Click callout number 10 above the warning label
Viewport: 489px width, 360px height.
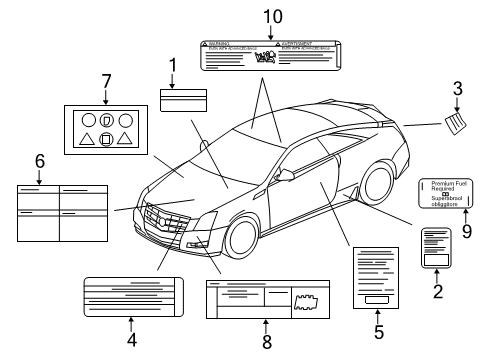(267, 16)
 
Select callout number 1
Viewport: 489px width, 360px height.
(173, 68)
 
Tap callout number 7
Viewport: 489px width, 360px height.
(106, 81)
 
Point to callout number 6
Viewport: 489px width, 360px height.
(39, 160)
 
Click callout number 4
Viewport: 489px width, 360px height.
(131, 339)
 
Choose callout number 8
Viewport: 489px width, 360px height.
(266, 339)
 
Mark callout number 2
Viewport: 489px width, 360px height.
(437, 293)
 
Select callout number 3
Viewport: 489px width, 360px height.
(457, 89)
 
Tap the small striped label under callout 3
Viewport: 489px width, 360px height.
(455, 125)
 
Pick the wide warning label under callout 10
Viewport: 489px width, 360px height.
(267, 56)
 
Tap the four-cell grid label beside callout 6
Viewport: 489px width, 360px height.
(59, 211)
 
